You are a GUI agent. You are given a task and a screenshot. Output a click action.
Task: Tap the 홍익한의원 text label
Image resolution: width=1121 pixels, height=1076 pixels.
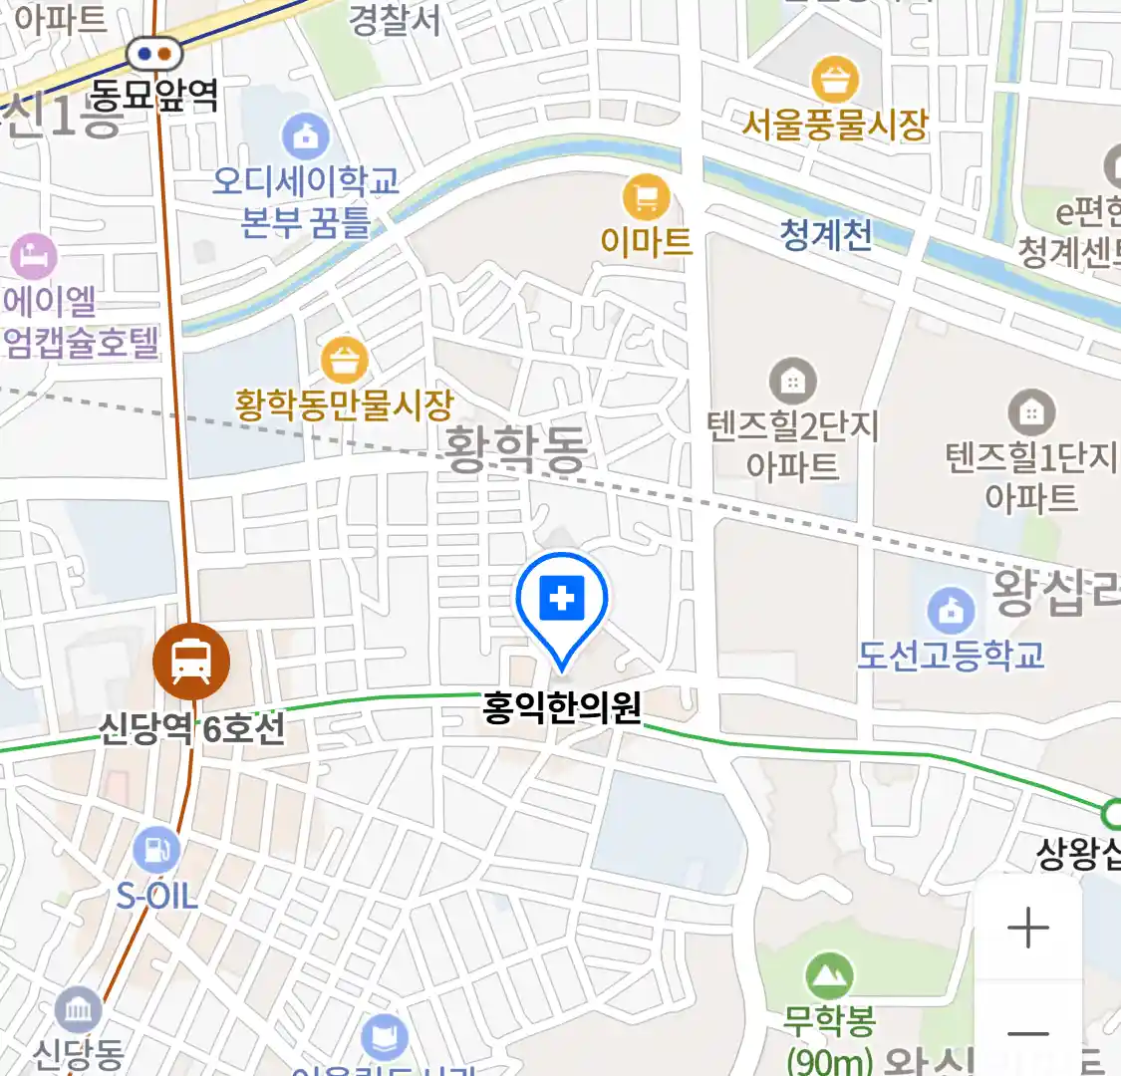pyautogui.click(x=562, y=707)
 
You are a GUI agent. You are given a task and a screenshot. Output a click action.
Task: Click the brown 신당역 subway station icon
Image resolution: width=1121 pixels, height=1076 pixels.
pyautogui.click(x=191, y=661)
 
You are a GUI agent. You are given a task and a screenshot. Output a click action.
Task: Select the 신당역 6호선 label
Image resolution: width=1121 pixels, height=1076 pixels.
pyautogui.click(x=191, y=728)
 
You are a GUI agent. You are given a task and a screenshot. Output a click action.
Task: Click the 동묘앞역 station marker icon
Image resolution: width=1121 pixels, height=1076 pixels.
pyautogui.click(x=155, y=53)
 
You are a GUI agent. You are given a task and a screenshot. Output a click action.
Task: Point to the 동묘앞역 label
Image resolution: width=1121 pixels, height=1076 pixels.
pyautogui.click(x=154, y=95)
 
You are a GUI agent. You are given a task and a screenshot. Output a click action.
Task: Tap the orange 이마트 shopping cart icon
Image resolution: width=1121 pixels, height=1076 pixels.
pyautogui.click(x=646, y=197)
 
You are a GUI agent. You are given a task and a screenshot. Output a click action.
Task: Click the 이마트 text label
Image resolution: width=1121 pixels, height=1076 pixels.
pyautogui.click(x=646, y=240)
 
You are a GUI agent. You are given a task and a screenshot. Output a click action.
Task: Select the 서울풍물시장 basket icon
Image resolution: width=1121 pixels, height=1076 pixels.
pyautogui.click(x=835, y=79)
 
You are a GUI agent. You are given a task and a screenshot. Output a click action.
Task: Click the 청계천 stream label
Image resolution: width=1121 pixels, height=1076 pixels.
pyautogui.click(x=826, y=234)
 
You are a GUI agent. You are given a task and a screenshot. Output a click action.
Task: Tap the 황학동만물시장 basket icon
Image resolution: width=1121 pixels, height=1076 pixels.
pyautogui.click(x=345, y=360)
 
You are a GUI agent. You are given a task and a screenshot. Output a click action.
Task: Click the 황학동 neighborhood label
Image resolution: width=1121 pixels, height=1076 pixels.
pyautogui.click(x=515, y=448)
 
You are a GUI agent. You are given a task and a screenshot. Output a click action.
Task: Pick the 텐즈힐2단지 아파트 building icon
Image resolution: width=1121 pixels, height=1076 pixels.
pyautogui.click(x=793, y=381)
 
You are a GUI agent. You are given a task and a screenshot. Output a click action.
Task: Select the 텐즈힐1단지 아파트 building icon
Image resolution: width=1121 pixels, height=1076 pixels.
pyautogui.click(x=1031, y=409)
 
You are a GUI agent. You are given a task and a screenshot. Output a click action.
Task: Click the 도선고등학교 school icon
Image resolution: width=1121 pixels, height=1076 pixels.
pyautogui.click(x=951, y=610)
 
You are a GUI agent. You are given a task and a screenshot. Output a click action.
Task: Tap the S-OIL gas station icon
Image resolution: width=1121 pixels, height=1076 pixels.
pyautogui.click(x=156, y=850)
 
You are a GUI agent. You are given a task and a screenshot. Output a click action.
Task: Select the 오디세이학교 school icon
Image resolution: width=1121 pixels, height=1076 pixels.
pyautogui.click(x=306, y=136)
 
